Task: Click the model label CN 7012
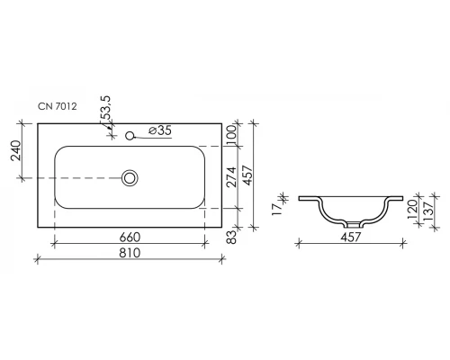[x=58, y=106]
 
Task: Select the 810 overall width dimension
[x=130, y=253]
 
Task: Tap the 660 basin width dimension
[x=130, y=238]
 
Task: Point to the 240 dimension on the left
[x=16, y=150]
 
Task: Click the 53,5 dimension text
[x=105, y=108]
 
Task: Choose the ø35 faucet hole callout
[x=160, y=130]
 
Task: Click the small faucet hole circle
[x=130, y=136]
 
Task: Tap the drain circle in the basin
[x=130, y=178]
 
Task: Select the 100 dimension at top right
[x=231, y=135]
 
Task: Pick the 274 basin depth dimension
[x=231, y=177]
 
